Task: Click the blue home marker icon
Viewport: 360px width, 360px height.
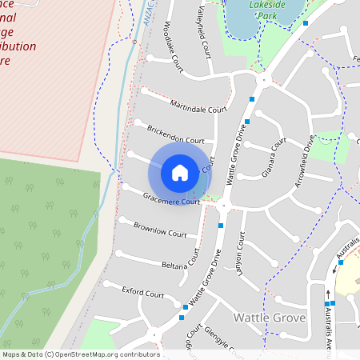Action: (x=180, y=172)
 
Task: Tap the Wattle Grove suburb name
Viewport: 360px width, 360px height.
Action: (x=270, y=318)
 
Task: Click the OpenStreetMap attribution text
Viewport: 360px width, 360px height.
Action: (x=80, y=354)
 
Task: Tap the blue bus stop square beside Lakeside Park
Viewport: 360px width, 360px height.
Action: (x=306, y=23)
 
